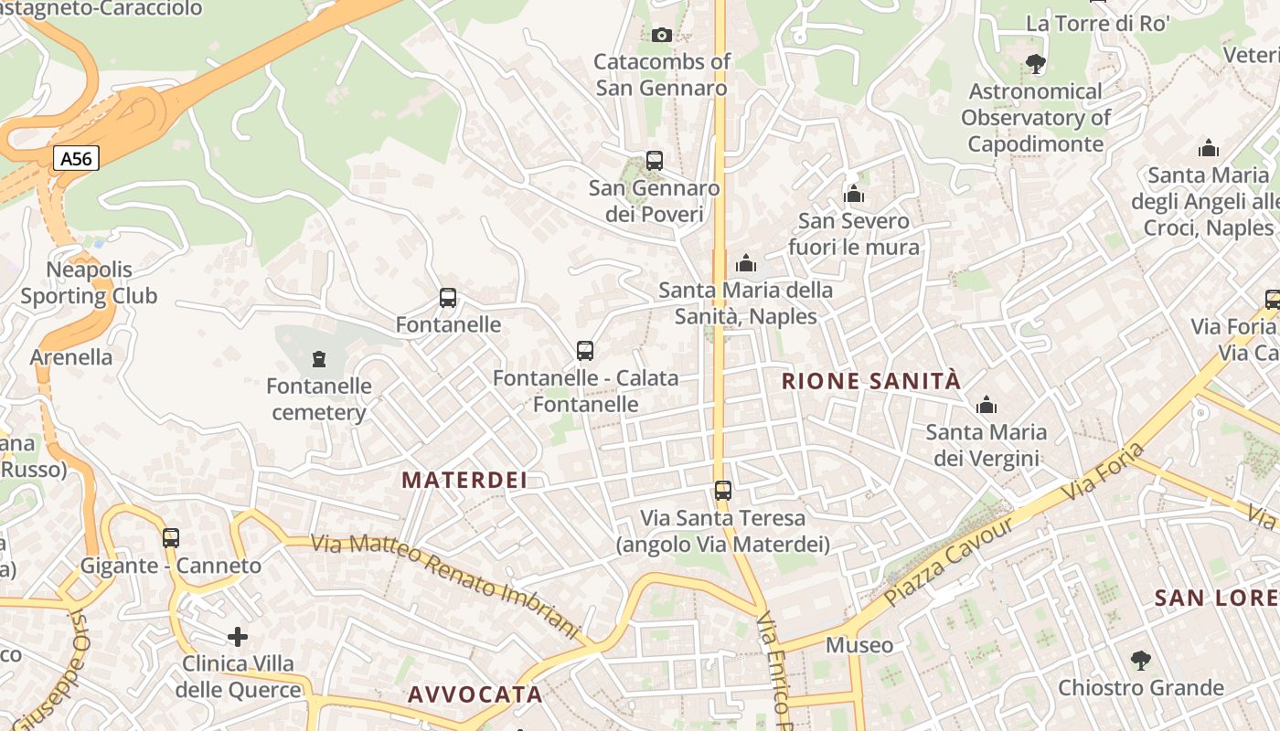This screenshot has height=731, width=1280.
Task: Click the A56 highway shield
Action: tap(76, 159)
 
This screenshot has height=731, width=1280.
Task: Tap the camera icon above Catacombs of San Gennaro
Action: tap(662, 36)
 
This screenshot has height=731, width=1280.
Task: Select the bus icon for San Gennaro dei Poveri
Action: tap(654, 161)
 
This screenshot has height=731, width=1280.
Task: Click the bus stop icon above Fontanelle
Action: tap(448, 297)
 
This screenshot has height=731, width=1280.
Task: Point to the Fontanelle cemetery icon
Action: tap(319, 359)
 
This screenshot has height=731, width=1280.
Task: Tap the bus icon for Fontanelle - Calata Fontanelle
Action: tap(585, 350)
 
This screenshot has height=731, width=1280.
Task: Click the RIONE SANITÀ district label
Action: tap(871, 381)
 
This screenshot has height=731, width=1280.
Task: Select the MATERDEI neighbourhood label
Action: tap(464, 480)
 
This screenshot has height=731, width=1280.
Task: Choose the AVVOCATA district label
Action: tap(475, 694)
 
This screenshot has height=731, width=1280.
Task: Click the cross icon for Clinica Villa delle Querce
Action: tap(238, 636)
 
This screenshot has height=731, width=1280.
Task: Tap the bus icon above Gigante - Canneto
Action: tap(171, 538)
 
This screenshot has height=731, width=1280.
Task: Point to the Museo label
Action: tap(859, 645)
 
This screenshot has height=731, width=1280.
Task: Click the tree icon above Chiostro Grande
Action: tap(1140, 660)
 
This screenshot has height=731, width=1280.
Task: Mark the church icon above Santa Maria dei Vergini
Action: tap(987, 405)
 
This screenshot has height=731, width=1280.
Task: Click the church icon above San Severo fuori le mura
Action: tap(854, 194)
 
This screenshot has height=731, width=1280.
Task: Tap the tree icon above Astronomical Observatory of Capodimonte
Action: tap(1036, 64)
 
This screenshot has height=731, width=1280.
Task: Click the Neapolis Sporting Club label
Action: tap(89, 283)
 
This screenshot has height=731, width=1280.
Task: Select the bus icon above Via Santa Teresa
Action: tap(723, 491)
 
